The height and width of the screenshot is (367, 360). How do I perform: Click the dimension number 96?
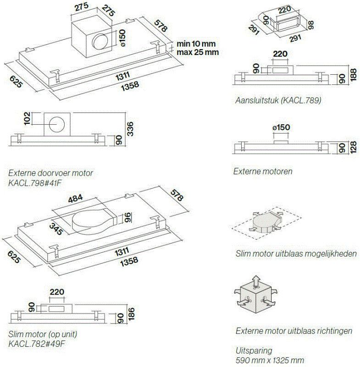pos(129,217)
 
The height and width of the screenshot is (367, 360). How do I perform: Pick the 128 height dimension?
pos(353,148)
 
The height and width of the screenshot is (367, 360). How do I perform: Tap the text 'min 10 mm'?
pos(196,44)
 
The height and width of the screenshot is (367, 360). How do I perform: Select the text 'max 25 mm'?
pos(197,52)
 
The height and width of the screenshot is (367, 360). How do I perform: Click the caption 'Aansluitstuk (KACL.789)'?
pos(277,100)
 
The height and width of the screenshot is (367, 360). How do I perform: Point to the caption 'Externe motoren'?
pos(263,171)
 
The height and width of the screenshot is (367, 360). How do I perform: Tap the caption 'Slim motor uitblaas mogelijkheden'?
pos(296,254)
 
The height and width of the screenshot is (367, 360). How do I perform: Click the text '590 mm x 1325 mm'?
pos(270,360)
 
